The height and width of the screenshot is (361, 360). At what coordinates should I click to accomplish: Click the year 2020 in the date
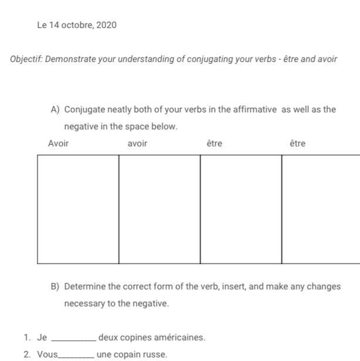click(106, 25)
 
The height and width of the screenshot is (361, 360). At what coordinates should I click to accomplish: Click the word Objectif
click(26, 60)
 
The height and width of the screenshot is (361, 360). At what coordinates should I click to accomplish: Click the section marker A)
click(56, 110)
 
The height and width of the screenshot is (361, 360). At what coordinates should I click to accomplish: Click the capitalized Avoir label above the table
click(58, 144)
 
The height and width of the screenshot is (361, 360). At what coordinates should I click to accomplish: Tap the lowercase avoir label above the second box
click(137, 144)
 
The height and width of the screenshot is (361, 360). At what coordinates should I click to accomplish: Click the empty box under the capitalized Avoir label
click(78, 209)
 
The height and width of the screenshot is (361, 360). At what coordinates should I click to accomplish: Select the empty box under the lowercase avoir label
click(159, 209)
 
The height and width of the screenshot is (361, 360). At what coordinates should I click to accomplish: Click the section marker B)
click(56, 287)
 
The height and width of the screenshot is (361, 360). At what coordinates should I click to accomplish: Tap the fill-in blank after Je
click(74, 338)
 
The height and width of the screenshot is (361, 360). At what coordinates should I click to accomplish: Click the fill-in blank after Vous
click(77, 355)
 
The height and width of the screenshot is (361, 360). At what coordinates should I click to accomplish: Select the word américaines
click(179, 338)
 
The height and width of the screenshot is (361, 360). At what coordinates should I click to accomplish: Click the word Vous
click(47, 355)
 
